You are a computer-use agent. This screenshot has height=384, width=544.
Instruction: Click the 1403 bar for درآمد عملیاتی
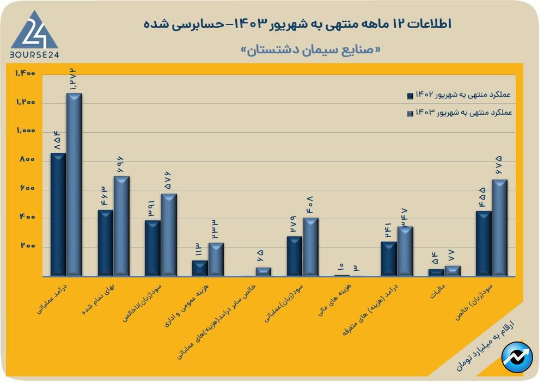pos(74,185)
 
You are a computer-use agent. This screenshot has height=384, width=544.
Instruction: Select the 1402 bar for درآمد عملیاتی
pos(58,214)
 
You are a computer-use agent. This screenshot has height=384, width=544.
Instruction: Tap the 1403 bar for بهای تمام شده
pos(121,226)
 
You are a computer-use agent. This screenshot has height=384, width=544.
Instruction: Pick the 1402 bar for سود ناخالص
pos(152,248)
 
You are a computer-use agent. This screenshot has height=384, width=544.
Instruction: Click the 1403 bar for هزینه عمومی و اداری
pos(216,259)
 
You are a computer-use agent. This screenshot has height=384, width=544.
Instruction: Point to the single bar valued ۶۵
pos(264,271)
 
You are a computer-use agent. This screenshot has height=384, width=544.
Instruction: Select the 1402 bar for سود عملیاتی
pos(294,256)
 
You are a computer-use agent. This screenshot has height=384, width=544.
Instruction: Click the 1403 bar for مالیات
pos(453,271)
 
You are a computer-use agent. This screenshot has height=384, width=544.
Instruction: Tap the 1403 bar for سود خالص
pos(500,228)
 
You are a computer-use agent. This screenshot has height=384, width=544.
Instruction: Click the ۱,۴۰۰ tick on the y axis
pos(25,73)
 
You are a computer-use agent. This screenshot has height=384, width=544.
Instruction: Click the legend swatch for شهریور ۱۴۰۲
pos(411,96)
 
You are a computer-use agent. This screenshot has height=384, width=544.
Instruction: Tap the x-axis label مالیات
pos(439,291)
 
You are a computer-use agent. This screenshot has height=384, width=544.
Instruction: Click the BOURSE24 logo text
pos(34,54)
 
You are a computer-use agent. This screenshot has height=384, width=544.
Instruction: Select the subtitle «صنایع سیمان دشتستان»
pos(311,49)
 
